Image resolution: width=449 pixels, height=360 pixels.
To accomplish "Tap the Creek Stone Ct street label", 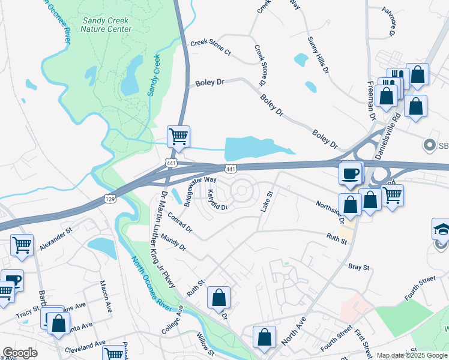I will click(x=211, y=47).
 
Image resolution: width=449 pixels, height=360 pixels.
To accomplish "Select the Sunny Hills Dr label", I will click(x=318, y=55).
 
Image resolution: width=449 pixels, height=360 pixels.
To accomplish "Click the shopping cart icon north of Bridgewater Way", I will click(x=179, y=136).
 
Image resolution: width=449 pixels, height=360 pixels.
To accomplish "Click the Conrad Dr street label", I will click(x=180, y=222).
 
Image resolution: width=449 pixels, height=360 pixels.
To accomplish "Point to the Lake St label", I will click(x=267, y=201).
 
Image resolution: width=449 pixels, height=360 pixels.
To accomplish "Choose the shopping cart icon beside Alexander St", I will click(x=22, y=245).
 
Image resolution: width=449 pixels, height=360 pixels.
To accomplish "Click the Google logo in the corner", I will click(x=20, y=353).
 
